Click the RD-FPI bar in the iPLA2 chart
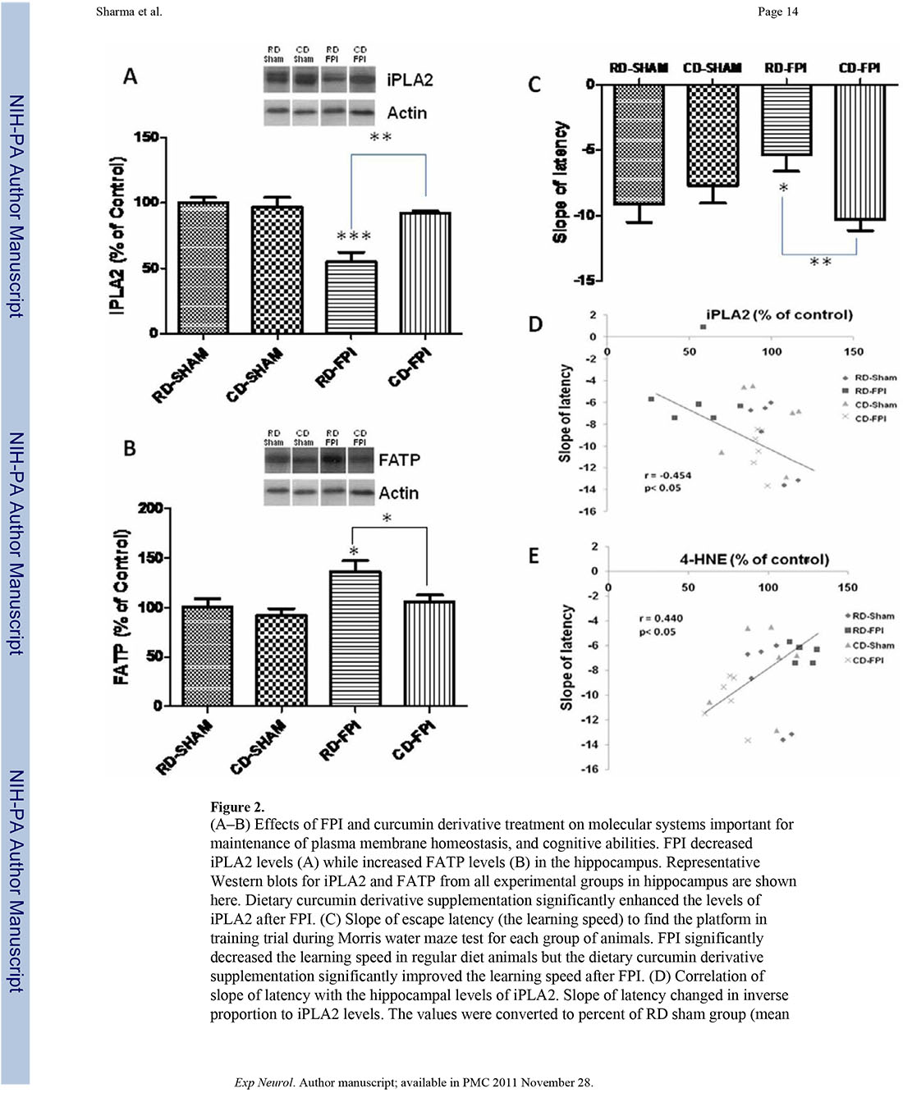click(352, 297)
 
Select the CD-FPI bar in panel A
click(425, 272)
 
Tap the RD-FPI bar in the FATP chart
click(355, 638)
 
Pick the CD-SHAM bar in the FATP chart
click(281, 660)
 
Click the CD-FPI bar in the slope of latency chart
click(859, 152)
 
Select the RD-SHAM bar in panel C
click(639, 144)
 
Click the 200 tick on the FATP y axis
click(150, 508)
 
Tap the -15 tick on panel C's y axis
click(584, 280)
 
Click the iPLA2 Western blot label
click(410, 80)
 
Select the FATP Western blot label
click(399, 460)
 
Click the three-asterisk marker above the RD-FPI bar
click(354, 237)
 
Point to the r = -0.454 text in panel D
click(667, 475)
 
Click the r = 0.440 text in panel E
click(661, 618)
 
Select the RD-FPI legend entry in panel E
click(868, 630)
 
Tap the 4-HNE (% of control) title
click(754, 560)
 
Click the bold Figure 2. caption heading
click(237, 807)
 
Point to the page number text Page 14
click(777, 11)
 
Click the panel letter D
click(535, 325)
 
